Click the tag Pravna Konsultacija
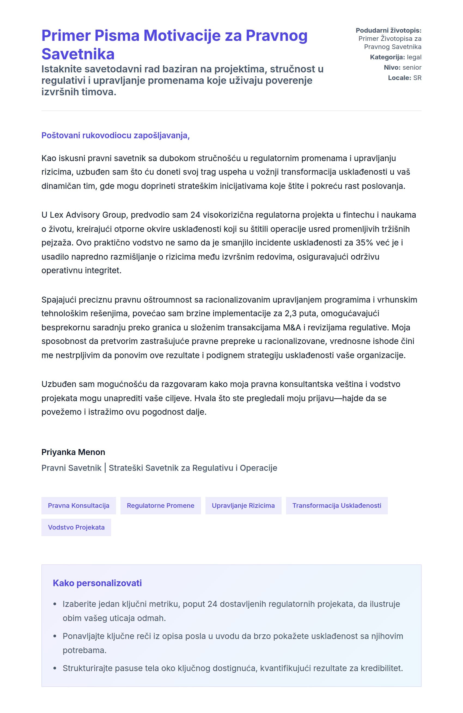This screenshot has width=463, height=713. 78,505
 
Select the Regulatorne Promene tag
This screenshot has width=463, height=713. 160,505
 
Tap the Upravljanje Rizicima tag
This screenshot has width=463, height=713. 243,505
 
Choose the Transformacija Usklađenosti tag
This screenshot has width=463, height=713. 336,505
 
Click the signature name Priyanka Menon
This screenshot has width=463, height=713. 73,452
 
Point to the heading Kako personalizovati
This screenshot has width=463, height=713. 97,583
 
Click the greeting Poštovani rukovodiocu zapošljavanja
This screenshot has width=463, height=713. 115,136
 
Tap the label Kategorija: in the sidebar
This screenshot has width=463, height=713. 387,57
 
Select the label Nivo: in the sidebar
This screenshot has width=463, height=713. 392,67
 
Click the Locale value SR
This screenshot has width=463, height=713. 417,78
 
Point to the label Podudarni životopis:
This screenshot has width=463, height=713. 388,30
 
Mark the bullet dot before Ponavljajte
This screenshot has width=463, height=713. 54,636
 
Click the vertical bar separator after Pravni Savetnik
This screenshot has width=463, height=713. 105,468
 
